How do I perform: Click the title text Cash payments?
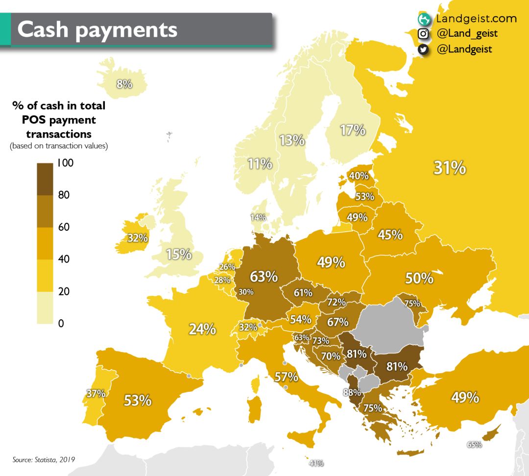click(x=97, y=29)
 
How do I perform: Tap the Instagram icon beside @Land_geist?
click(x=423, y=34)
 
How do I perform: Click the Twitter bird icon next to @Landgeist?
click(x=423, y=49)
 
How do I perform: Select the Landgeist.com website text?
click(x=476, y=19)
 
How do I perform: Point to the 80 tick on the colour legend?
click(x=63, y=195)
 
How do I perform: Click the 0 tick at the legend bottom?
click(x=60, y=323)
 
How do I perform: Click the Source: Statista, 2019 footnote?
click(x=44, y=459)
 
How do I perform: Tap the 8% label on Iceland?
click(x=124, y=84)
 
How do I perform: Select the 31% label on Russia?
click(x=449, y=168)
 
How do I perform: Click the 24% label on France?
click(x=202, y=329)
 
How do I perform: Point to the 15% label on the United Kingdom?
click(x=178, y=255)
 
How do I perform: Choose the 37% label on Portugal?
click(x=96, y=393)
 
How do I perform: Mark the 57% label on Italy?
click(x=286, y=377)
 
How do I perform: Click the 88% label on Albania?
click(x=351, y=392)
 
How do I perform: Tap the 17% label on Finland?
click(x=353, y=130)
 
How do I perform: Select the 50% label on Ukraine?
click(x=419, y=278)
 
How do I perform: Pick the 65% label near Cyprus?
click(x=474, y=445)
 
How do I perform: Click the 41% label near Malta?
click(x=316, y=463)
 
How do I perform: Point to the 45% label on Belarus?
click(x=390, y=235)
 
